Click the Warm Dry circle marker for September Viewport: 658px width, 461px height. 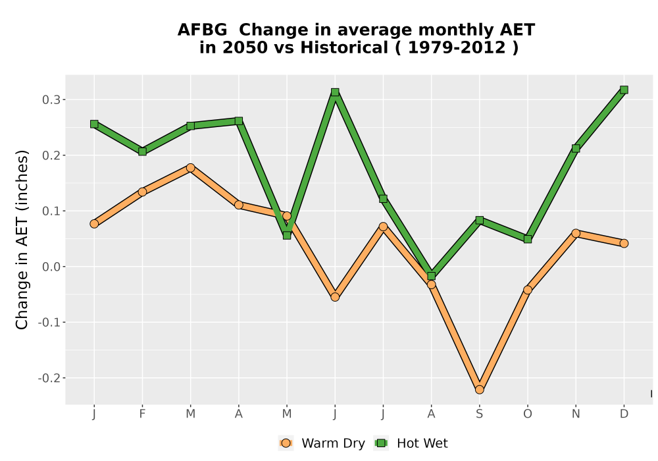click(x=479, y=390)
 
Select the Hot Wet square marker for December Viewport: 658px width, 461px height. click(x=624, y=90)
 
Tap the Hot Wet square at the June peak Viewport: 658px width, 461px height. click(x=335, y=92)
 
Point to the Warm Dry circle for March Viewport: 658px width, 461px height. click(x=191, y=168)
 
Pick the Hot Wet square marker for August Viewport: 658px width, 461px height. click(x=432, y=276)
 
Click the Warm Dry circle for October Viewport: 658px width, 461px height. click(x=528, y=290)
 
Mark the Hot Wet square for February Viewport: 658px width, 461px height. click(x=142, y=151)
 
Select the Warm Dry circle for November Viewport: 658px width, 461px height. click(x=576, y=233)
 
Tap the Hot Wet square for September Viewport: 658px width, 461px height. click(x=480, y=220)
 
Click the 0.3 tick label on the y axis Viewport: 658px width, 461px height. click(x=51, y=100)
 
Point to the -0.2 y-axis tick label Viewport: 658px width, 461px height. click(x=49, y=378)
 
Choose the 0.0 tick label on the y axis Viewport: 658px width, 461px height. click(x=51, y=267)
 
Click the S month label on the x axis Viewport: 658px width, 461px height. click(x=479, y=414)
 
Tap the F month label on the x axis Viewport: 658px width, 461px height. click(x=142, y=414)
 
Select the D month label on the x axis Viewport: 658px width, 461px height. click(x=624, y=414)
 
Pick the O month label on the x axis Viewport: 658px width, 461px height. click(x=528, y=414)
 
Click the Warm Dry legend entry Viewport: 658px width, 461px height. click(x=322, y=443)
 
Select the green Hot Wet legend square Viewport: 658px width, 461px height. click(x=381, y=443)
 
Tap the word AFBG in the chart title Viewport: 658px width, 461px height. click(x=202, y=30)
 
